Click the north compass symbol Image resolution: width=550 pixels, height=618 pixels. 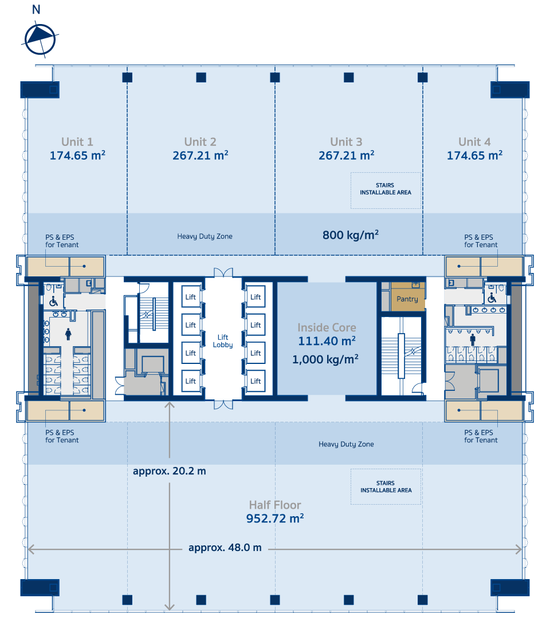point(40,39)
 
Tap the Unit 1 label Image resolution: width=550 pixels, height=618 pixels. point(77,142)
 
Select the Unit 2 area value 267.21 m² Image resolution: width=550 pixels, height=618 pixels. point(201,155)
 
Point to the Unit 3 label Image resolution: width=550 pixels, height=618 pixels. point(346,142)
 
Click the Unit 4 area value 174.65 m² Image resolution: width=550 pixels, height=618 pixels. point(474,155)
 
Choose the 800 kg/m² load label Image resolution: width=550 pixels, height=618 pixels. point(351,235)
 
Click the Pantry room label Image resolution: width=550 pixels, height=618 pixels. point(407,299)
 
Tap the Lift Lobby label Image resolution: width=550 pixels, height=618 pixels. point(223,341)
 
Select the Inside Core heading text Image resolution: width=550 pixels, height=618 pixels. point(327,327)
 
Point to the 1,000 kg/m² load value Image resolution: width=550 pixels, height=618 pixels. point(325,359)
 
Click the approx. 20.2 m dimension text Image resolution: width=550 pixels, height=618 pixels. point(169,471)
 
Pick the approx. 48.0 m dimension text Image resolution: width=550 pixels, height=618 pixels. point(225,548)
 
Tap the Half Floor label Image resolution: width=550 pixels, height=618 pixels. point(275,505)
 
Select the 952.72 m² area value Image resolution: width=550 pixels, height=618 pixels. point(275,518)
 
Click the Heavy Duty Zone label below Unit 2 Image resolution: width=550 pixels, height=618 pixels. point(205,236)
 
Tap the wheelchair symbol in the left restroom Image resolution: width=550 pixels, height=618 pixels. point(53,302)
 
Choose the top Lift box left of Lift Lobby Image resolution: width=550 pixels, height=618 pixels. point(191,297)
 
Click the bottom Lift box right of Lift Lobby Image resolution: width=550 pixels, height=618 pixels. point(256,381)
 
